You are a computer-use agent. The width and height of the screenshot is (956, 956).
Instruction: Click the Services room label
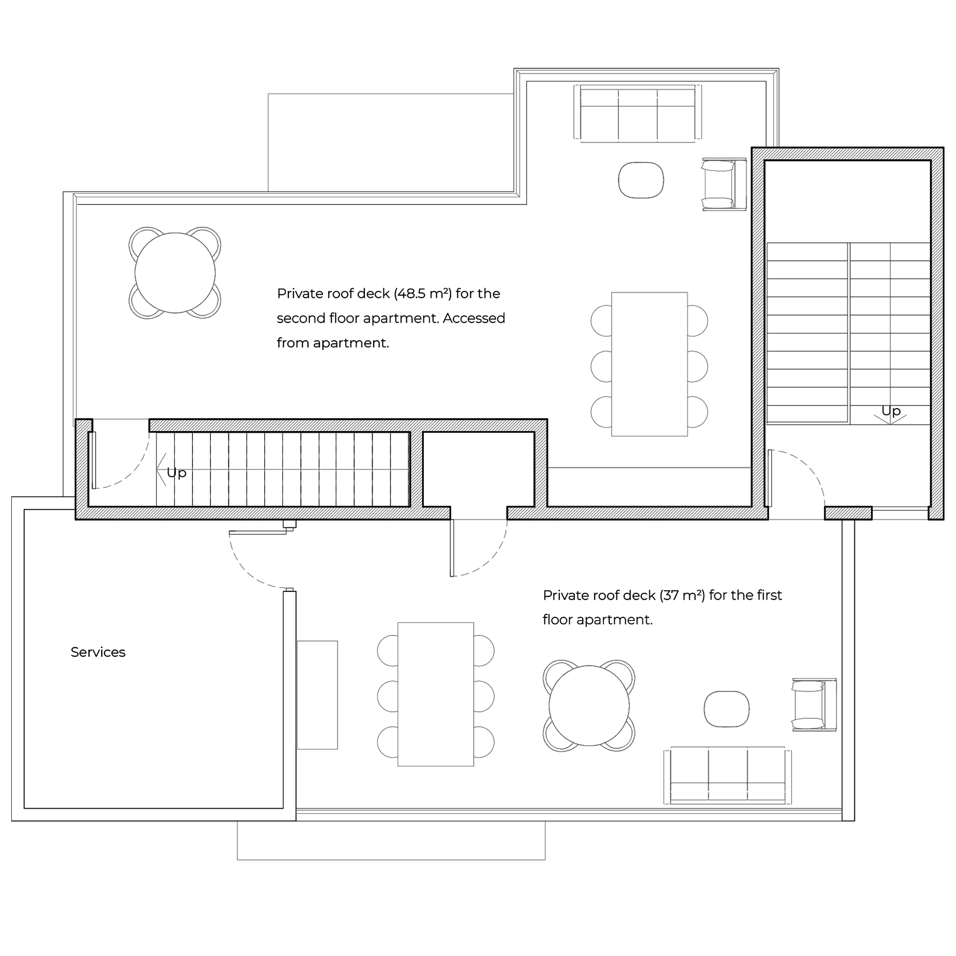(x=98, y=652)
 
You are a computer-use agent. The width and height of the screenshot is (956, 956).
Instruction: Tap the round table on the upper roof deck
(x=175, y=273)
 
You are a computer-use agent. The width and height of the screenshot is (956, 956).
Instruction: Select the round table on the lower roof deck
(x=589, y=706)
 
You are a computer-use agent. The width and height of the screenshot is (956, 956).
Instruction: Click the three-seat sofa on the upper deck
(x=637, y=114)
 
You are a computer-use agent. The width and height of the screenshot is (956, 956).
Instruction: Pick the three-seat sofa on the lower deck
(x=727, y=776)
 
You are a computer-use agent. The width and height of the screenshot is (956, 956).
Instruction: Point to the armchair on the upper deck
(x=724, y=184)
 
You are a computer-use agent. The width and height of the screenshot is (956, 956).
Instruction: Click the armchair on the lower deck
(x=814, y=705)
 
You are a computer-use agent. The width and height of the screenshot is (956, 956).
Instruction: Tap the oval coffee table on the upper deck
(x=641, y=180)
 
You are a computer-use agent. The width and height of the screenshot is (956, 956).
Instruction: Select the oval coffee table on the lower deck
(x=727, y=709)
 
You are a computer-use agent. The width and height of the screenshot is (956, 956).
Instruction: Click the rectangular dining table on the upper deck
(x=649, y=364)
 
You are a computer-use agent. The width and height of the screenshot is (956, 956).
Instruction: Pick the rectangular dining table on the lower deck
(x=435, y=694)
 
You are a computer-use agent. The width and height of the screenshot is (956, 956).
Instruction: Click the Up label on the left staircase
(x=177, y=473)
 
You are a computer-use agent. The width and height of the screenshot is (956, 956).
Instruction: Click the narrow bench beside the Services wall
(x=317, y=695)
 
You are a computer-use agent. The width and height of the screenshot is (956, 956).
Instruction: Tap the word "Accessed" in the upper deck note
(x=474, y=318)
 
